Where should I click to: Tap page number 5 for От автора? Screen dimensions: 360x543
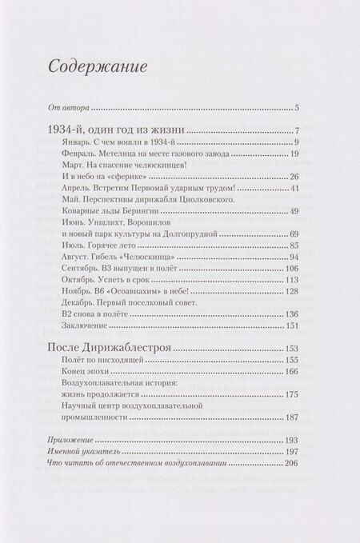click(x=295, y=108)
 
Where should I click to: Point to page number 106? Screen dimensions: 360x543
click(x=290, y=268)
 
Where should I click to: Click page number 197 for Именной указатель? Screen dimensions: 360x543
click(x=290, y=453)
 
